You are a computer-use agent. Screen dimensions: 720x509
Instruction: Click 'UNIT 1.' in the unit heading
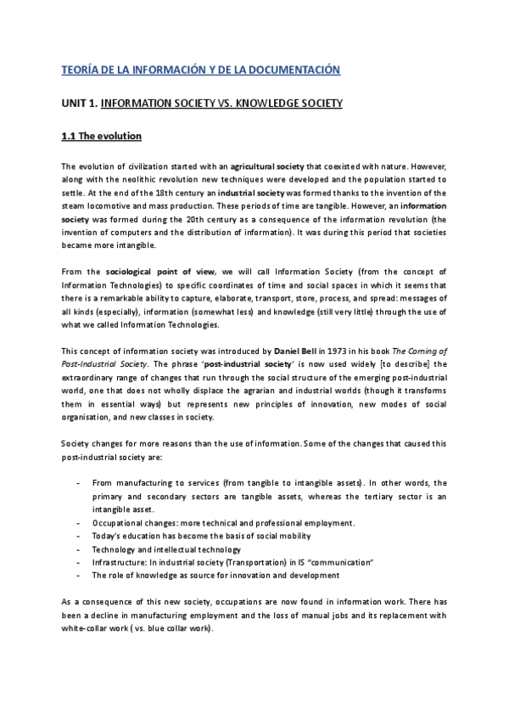[x=80, y=104]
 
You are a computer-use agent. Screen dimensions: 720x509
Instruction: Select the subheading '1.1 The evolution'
[x=102, y=137]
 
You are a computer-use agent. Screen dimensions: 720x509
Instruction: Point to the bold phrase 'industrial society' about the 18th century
[x=254, y=194]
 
